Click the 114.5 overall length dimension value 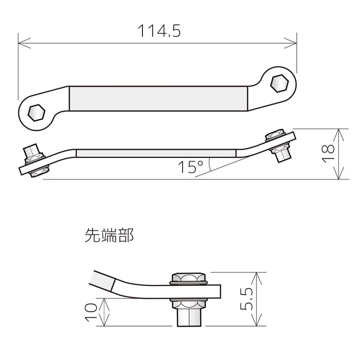[158, 31]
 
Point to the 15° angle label [191, 167]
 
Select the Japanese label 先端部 [109, 236]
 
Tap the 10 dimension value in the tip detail [91, 312]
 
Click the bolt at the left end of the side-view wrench [33, 160]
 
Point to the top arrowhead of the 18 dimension [337, 132]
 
